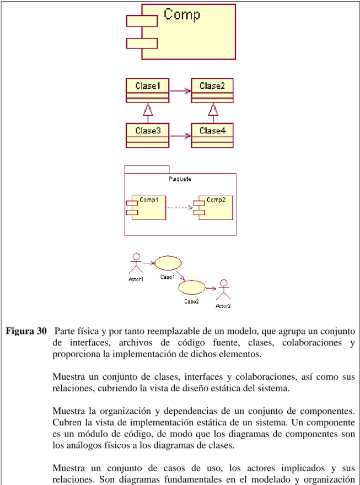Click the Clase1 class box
click(147, 90)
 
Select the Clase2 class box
click(212, 90)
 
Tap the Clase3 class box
click(147, 136)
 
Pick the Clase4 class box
click(212, 136)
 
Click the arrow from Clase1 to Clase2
click(180, 91)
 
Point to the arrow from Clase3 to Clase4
click(180, 136)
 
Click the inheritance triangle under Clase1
click(148, 109)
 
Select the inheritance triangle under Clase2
click(213, 109)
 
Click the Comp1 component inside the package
click(146, 208)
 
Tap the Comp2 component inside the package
click(213, 208)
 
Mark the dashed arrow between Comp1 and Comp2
click(179, 208)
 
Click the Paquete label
click(180, 179)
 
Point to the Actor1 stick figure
click(136, 263)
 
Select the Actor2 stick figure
click(223, 289)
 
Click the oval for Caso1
click(168, 263)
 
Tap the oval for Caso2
click(192, 288)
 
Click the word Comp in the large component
click(182, 14)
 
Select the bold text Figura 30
click(26, 331)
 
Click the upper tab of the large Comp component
click(142, 21)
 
